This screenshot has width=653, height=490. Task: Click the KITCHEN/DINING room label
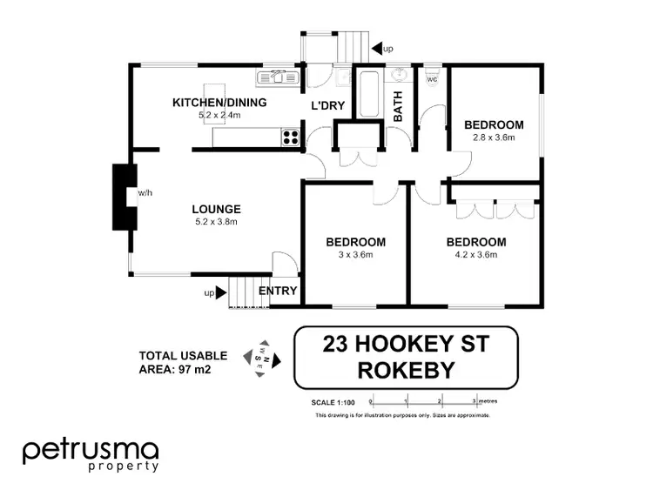(x=219, y=103)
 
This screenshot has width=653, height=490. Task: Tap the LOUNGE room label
(x=217, y=209)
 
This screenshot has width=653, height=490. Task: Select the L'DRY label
(x=329, y=106)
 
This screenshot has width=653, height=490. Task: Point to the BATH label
(x=398, y=106)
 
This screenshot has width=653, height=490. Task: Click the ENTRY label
(x=278, y=291)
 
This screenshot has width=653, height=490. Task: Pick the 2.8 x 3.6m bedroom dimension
(x=494, y=137)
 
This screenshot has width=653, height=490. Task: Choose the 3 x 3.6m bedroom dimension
(x=355, y=254)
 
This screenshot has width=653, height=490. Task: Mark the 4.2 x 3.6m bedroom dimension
(x=475, y=254)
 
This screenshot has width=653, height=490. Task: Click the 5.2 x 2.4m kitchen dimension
(x=219, y=115)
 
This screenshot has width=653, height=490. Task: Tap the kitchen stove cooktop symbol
(x=290, y=137)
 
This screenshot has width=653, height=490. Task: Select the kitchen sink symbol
(x=277, y=77)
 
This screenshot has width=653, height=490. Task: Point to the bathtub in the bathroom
(x=367, y=97)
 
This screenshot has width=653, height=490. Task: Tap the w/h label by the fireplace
(x=145, y=193)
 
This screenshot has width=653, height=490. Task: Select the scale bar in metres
(x=423, y=401)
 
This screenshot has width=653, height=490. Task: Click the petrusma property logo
(x=91, y=454)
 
